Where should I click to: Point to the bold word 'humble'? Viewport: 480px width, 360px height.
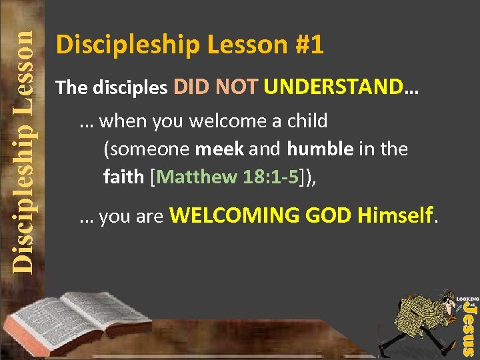[x=320, y=149]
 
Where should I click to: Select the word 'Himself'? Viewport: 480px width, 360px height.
[x=395, y=215]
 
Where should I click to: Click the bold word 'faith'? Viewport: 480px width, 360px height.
[x=123, y=177]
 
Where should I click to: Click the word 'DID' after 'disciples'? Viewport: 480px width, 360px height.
[x=192, y=87]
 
